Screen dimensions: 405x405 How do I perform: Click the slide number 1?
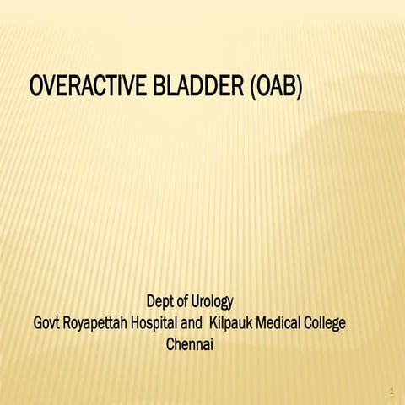tap(392, 391)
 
